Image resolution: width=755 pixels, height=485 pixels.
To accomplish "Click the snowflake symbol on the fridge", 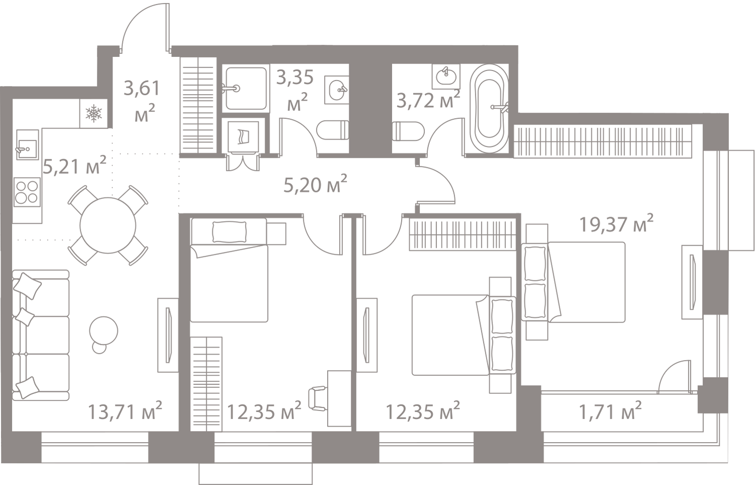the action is (93, 113).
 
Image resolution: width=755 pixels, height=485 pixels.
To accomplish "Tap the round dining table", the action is (108, 226).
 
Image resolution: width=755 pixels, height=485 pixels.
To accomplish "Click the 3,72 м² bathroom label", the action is (428, 100).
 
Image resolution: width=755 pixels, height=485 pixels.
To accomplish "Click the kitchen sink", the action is (27, 145).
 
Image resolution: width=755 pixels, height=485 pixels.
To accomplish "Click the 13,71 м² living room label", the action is (125, 411).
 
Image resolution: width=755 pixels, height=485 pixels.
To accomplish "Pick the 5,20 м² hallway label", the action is (315, 184).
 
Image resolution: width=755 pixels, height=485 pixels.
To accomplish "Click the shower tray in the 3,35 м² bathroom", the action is (246, 89).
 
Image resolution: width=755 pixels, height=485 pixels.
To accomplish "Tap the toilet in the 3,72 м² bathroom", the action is (408, 131).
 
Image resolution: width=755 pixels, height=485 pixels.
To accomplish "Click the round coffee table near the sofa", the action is (104, 331).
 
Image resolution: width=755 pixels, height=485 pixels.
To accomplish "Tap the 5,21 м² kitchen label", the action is (75, 166).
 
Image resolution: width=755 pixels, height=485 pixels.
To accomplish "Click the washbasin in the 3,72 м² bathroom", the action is (446, 77).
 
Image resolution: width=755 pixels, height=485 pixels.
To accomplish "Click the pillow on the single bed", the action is (229, 232).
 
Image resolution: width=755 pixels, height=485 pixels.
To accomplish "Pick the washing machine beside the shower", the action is (243, 137).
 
